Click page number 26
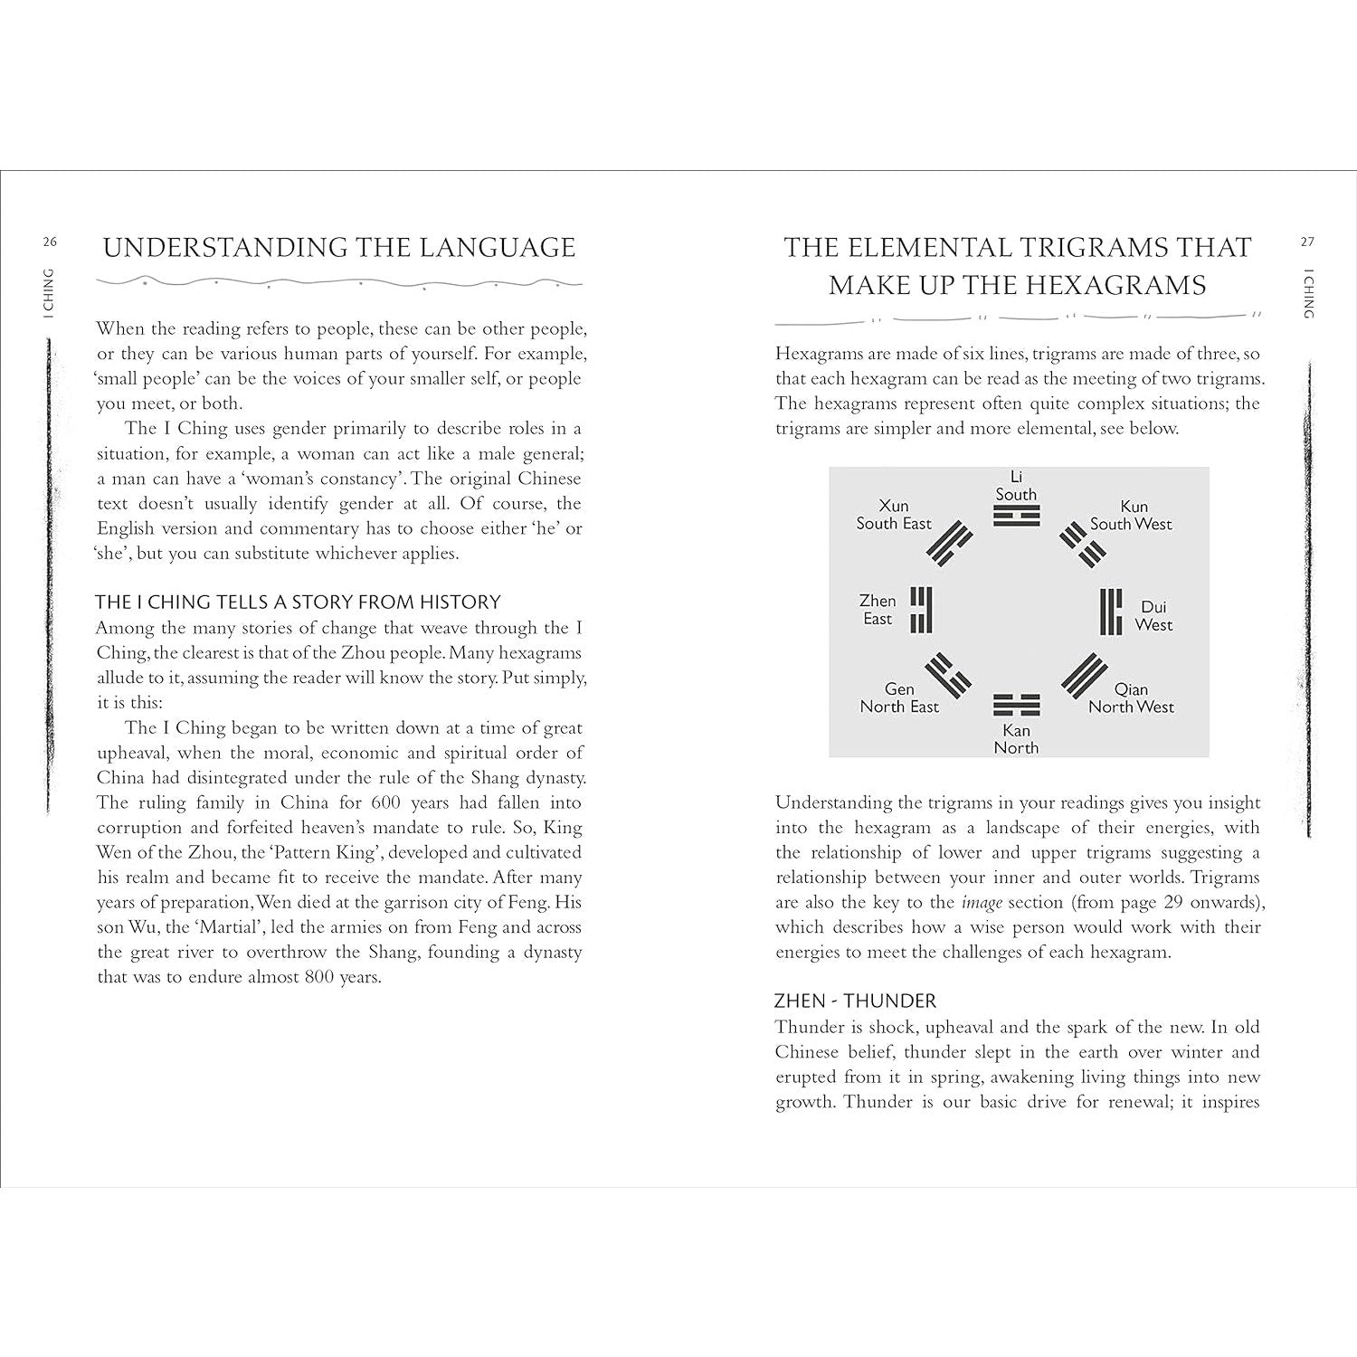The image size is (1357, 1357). pyautogui.click(x=49, y=242)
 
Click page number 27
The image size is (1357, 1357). pyautogui.click(x=1306, y=242)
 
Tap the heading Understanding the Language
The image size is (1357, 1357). pyautogui.click(x=339, y=248)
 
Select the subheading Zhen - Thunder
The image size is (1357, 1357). pyautogui.click(x=855, y=1001)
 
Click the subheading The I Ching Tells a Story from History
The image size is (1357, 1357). pyautogui.click(x=298, y=603)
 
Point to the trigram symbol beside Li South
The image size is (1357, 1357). pyautogui.click(x=1016, y=517)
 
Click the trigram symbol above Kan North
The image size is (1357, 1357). pyautogui.click(x=1016, y=705)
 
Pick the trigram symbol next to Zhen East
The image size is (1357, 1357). pyautogui.click(x=921, y=610)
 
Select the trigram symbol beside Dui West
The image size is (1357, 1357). pyautogui.click(x=1111, y=612)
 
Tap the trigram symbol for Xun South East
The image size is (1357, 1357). pyautogui.click(x=949, y=543)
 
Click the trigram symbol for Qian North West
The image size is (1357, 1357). pyautogui.click(x=1084, y=676)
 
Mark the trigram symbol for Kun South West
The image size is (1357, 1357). pyautogui.click(x=1083, y=543)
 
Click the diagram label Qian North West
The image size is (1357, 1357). pyautogui.click(x=1131, y=698)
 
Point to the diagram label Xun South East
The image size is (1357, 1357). pyautogui.click(x=894, y=515)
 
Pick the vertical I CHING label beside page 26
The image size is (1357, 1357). pyautogui.click(x=49, y=293)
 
